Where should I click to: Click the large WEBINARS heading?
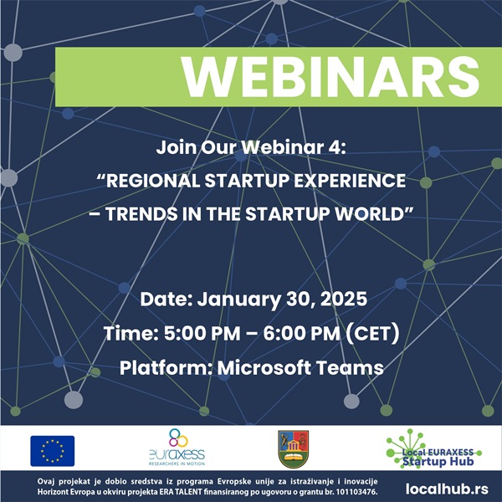330,77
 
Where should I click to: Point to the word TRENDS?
141,214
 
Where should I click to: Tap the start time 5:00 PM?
202,333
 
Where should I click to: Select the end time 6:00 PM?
301,333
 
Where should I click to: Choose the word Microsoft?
264,367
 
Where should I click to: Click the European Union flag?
53,451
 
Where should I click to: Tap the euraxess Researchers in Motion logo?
177,447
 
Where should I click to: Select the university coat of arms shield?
294,448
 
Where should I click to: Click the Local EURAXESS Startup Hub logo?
433,448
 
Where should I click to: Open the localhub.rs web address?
447,489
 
